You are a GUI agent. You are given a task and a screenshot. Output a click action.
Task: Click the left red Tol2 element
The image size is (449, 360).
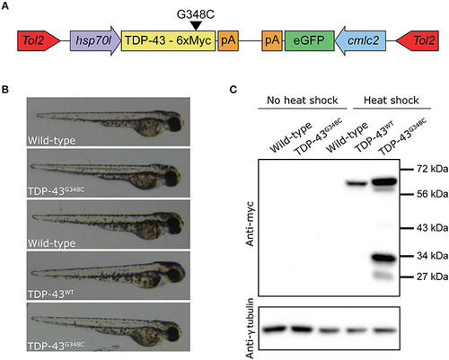click(39, 40)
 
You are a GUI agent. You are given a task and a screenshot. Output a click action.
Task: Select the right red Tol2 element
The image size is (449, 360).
click(418, 40)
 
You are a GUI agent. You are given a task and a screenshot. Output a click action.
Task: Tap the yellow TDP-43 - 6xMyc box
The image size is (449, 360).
click(168, 40)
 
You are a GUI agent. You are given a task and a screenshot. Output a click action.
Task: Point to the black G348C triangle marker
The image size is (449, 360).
click(196, 26)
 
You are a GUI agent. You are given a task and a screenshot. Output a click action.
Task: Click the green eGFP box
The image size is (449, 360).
click(309, 40)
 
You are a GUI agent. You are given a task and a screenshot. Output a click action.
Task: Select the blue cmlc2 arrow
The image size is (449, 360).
click(360, 40)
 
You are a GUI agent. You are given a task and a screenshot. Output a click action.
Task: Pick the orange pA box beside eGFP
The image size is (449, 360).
click(272, 40)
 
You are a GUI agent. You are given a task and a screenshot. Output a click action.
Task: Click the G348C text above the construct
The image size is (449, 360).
click(196, 14)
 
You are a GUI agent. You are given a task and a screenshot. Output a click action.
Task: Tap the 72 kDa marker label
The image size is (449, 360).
click(433, 169)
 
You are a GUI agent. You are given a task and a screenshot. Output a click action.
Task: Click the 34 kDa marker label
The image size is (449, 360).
click(433, 256)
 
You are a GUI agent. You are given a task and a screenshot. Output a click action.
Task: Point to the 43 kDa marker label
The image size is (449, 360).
click(433, 228)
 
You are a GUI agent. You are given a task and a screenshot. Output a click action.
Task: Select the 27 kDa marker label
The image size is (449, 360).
click(433, 277)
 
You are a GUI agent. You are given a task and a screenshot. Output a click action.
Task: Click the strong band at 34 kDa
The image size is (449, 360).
click(383, 258)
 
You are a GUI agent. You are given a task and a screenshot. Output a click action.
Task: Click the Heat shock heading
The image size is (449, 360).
click(392, 101)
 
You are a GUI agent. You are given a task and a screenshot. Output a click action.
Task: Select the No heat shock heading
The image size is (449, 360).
click(303, 101)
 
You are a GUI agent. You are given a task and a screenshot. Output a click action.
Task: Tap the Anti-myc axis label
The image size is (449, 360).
click(250, 224)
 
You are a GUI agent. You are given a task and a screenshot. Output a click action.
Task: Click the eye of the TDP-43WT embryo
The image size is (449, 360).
click(174, 274)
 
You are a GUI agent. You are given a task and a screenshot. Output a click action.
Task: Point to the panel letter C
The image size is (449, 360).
click(233, 89)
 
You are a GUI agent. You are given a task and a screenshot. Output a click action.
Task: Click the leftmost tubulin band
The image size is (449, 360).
click(274, 329)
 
